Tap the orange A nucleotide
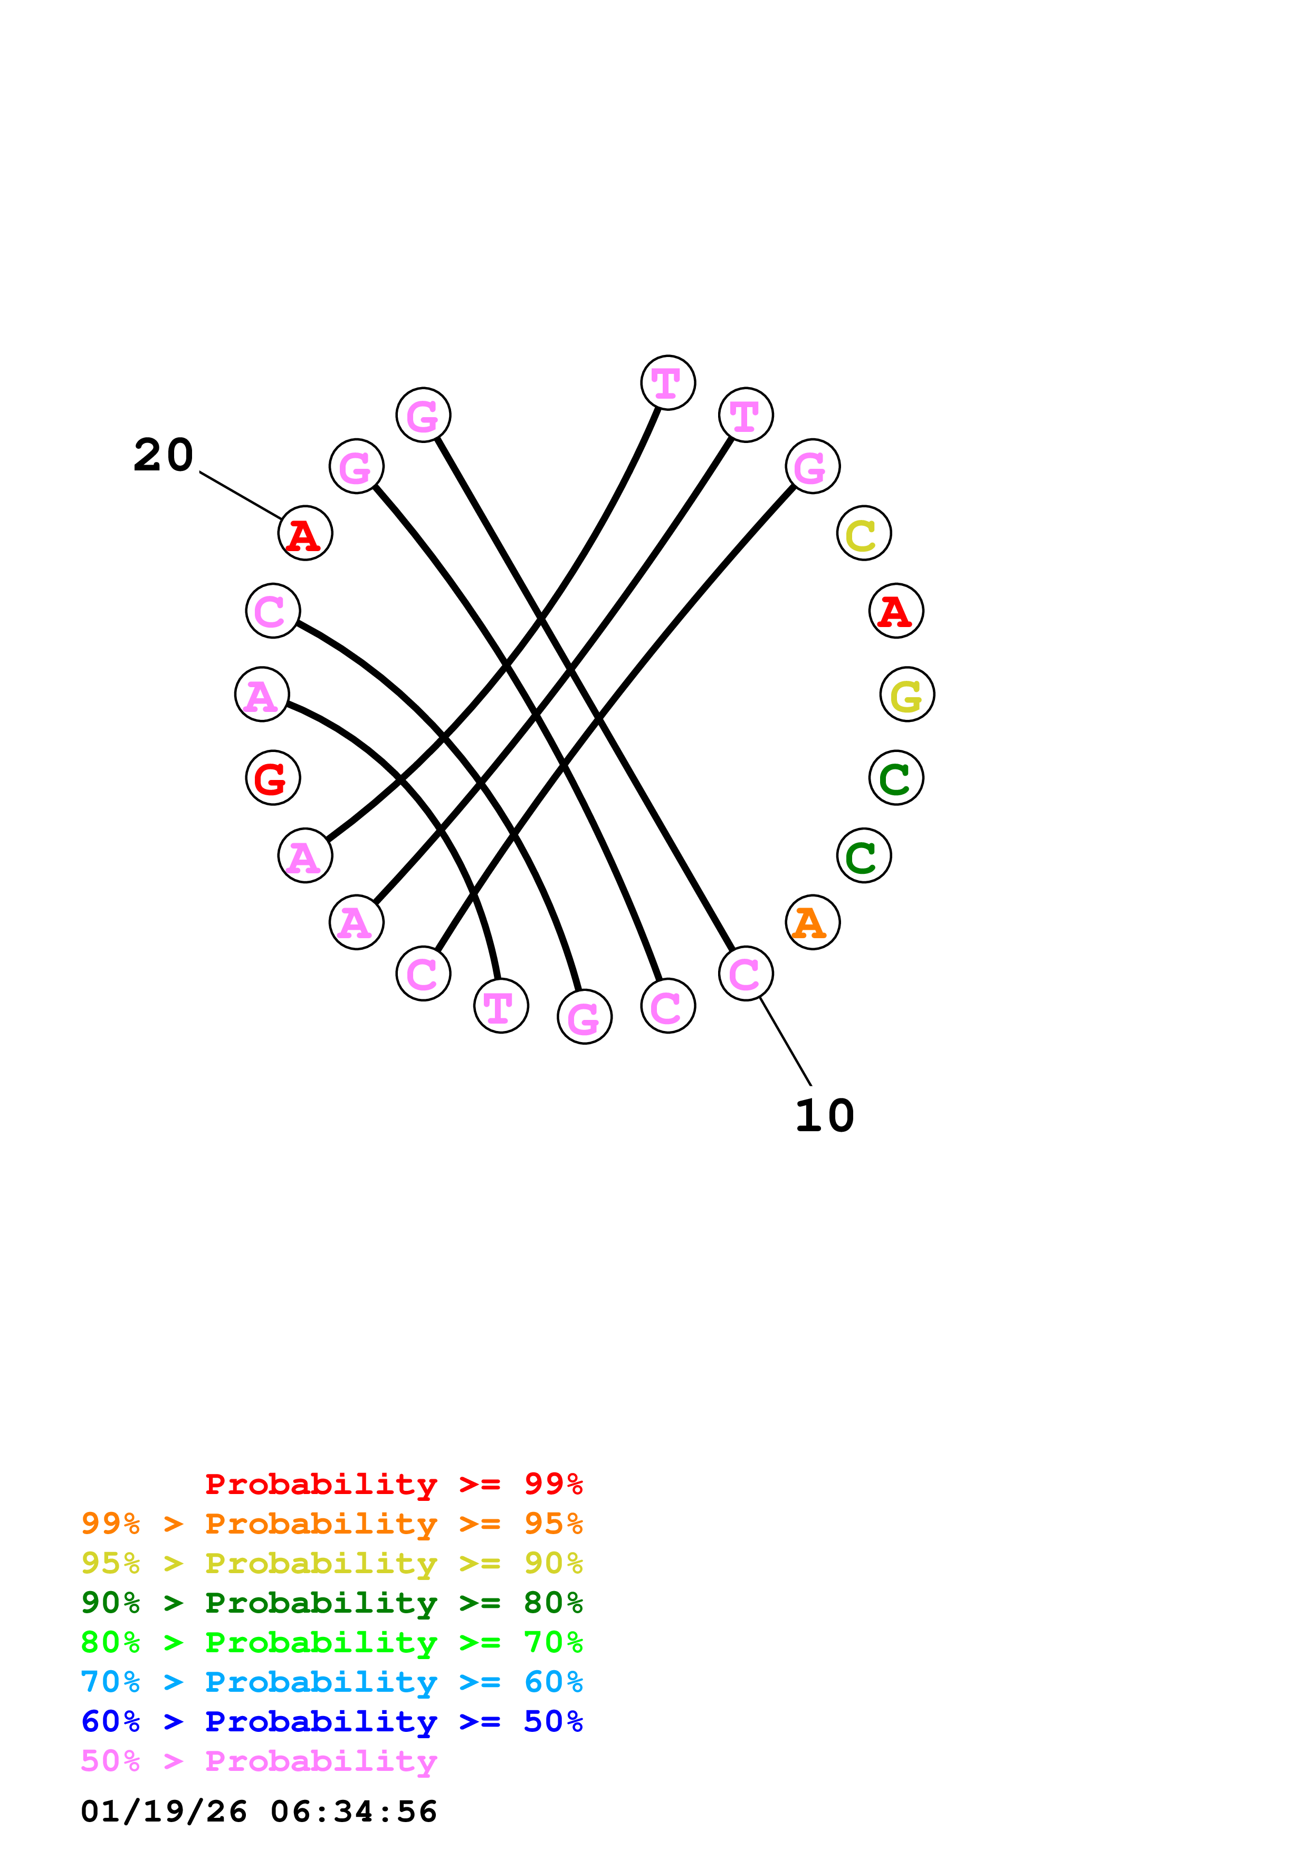(813, 922)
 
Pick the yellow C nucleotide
(863, 533)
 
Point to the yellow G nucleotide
(906, 695)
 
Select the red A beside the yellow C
(895, 611)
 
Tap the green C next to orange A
(863, 856)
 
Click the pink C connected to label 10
(746, 974)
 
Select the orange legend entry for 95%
(331, 1524)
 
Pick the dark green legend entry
(331, 1603)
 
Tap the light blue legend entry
(331, 1682)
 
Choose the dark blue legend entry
(331, 1721)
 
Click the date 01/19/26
(164, 1812)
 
